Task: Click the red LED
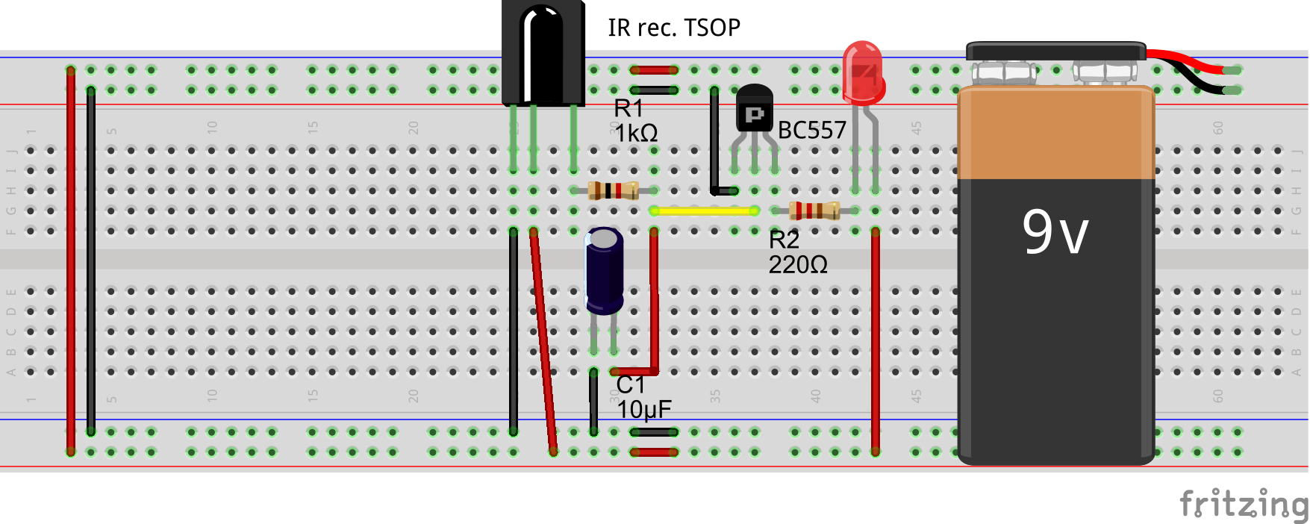pos(863,73)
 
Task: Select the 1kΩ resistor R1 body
pos(613,191)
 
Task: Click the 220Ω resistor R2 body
pos(814,211)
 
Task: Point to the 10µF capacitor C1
pos(604,270)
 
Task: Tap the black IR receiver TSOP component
pos(543,52)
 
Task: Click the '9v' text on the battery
pos(1055,232)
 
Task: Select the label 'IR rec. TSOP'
pos(673,28)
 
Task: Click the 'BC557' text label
pos(811,131)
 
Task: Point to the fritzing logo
pos(1242,504)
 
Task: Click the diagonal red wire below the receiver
pos(543,343)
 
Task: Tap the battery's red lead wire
pos(1187,61)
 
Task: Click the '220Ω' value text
pos(797,265)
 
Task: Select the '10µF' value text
pos(643,410)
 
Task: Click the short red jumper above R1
pos(654,70)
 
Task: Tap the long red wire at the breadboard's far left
pos(71,261)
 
